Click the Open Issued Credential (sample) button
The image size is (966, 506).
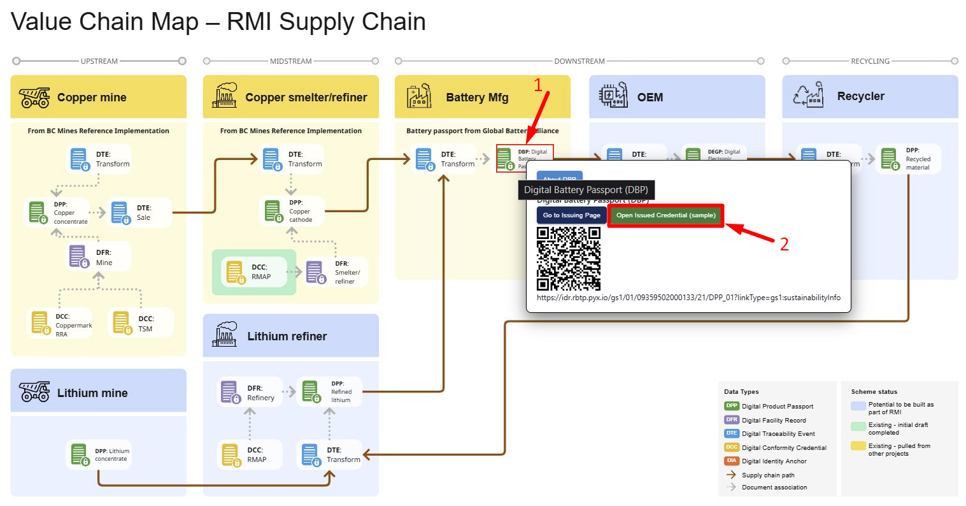pyautogui.click(x=665, y=215)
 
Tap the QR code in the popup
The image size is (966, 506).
pyautogui.click(x=569, y=259)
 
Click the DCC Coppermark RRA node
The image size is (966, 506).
pyautogui.click(x=60, y=324)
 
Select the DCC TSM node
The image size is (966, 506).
pyautogui.click(x=141, y=323)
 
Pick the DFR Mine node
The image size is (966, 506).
pyautogui.click(x=99, y=257)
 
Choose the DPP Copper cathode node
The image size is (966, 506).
pyautogui.click(x=293, y=211)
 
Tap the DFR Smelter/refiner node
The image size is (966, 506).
pyautogui.click(x=336, y=272)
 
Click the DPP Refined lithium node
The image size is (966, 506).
pyautogui.click(x=330, y=392)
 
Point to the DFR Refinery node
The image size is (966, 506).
pyautogui.click(x=250, y=393)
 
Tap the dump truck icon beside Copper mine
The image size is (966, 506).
pyautogui.click(x=34, y=98)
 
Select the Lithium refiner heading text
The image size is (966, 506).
pyautogui.click(x=287, y=336)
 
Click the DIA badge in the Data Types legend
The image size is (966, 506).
pyautogui.click(x=732, y=461)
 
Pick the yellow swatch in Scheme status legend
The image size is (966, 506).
pyautogui.click(x=858, y=446)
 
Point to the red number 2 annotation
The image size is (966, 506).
pyautogui.click(x=784, y=244)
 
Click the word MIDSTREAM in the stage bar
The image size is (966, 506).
pyautogui.click(x=291, y=61)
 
